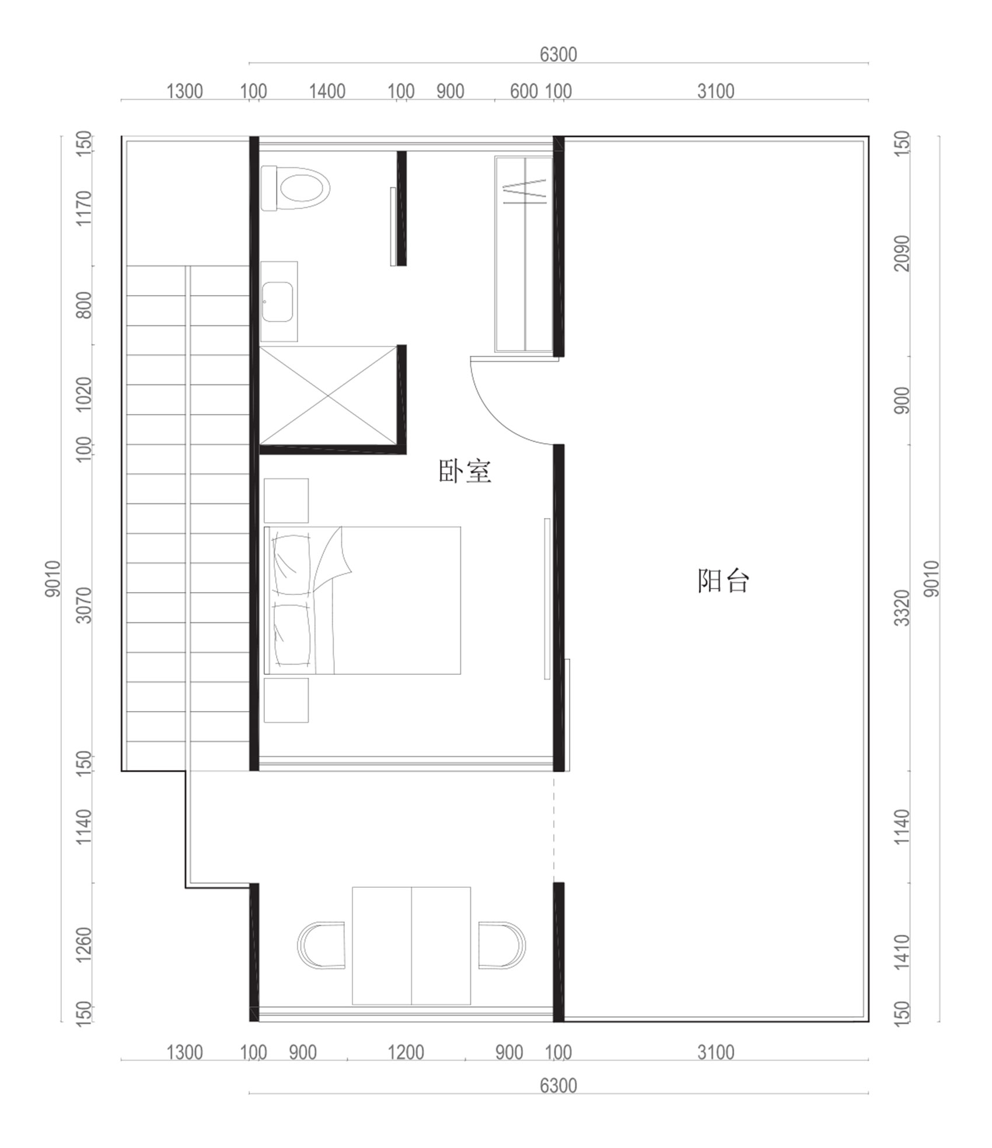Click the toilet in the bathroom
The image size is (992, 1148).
[296, 188]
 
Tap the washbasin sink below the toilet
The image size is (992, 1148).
[277, 302]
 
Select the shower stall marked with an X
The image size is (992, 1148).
[328, 396]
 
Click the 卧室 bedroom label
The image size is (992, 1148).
[464, 471]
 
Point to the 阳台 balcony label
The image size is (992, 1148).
[723, 581]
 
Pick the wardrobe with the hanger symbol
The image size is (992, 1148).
[524, 254]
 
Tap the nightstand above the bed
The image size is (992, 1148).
[286, 501]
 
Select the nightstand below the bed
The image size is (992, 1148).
[286, 700]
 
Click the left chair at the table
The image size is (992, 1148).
[321, 946]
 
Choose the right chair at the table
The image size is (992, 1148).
[502, 946]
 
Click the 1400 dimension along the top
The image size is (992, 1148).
[327, 92]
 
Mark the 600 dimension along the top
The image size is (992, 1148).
[523, 92]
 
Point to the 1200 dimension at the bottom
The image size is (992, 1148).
[406, 1053]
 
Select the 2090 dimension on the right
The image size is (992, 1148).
[902, 253]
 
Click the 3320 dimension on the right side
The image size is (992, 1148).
[902, 608]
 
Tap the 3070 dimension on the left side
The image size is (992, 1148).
[85, 605]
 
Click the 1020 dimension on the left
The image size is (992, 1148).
[85, 394]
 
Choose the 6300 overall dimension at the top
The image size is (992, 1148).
[558, 54]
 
